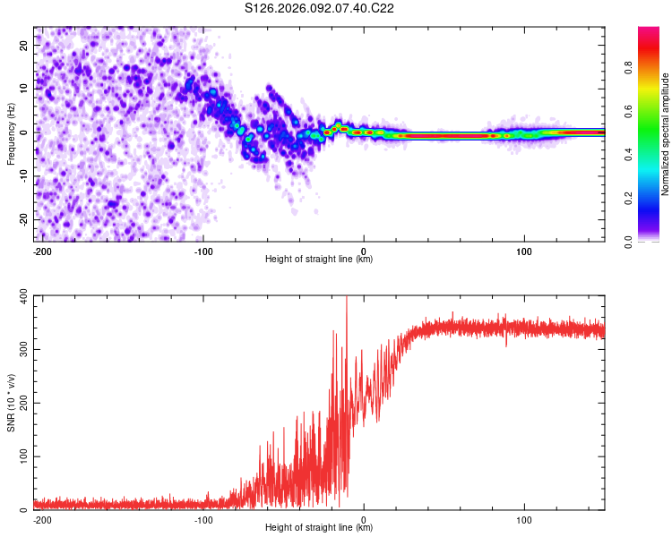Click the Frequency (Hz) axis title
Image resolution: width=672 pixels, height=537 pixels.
tap(11, 133)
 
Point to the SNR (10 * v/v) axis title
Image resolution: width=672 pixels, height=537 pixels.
tap(11, 402)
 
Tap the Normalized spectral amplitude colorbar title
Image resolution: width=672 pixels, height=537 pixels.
tap(666, 134)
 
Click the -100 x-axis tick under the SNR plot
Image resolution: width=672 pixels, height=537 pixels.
tap(203, 518)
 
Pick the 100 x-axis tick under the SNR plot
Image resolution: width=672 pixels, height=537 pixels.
tap(524, 518)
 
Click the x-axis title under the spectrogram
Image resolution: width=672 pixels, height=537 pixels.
tap(319, 260)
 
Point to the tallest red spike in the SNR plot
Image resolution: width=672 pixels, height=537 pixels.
tap(346, 300)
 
